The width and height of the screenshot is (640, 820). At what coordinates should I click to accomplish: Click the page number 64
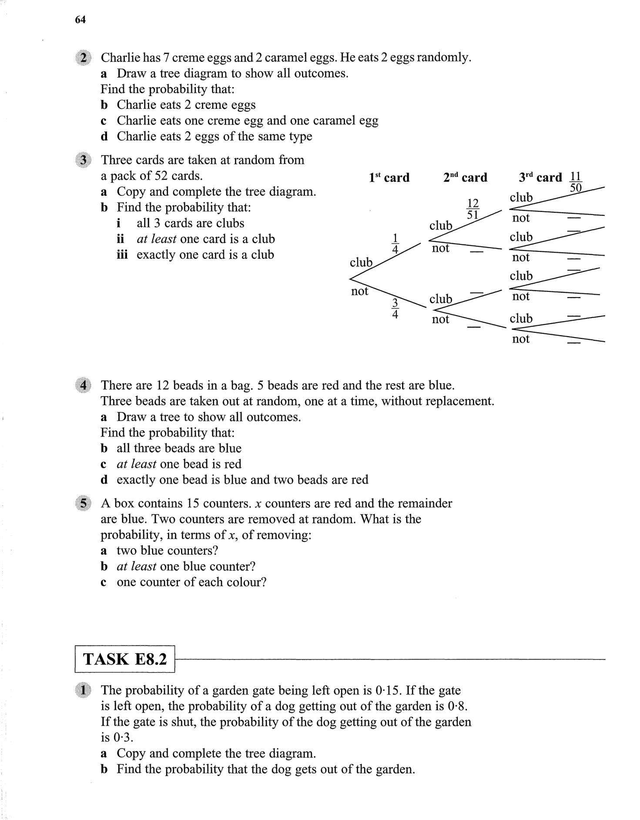pyautogui.click(x=80, y=20)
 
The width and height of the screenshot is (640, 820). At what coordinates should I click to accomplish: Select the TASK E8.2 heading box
pyautogui.click(x=125, y=659)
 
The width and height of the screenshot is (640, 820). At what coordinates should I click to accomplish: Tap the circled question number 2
pyautogui.click(x=82, y=58)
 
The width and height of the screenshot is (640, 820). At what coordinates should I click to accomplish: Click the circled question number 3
pyautogui.click(x=82, y=160)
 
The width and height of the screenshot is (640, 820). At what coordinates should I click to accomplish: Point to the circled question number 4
pyautogui.click(x=82, y=385)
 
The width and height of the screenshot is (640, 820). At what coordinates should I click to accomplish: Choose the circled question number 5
pyautogui.click(x=82, y=504)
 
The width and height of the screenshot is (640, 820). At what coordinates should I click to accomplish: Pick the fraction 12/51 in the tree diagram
pyautogui.click(x=472, y=209)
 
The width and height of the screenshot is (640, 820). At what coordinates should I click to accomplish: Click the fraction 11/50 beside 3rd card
pyautogui.click(x=576, y=182)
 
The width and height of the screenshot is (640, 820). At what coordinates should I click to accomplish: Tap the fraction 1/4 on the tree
pyautogui.click(x=395, y=244)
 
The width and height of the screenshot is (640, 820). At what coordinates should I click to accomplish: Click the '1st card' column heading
pyautogui.click(x=389, y=177)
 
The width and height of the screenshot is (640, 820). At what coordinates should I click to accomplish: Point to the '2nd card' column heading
pyautogui.click(x=465, y=177)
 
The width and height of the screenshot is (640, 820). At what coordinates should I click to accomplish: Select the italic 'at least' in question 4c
pyautogui.click(x=136, y=464)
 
